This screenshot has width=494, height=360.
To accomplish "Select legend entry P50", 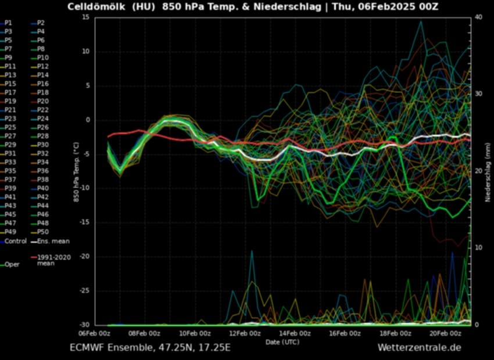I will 43,232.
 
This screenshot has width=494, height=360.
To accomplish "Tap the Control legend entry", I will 16,241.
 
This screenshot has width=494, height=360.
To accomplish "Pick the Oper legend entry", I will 12,265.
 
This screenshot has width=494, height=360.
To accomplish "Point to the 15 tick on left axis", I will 85,17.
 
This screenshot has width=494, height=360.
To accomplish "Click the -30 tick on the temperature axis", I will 84,325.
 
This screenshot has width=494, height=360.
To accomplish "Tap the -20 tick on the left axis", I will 84,257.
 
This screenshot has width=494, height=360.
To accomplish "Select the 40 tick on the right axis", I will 478,17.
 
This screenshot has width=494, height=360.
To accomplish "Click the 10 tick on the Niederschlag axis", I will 478,248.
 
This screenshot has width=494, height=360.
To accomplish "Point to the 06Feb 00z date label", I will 95,333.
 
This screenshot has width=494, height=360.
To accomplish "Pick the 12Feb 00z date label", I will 244,333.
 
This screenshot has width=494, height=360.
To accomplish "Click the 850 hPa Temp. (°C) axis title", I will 76,171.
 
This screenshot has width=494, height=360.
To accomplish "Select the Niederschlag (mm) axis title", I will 488,171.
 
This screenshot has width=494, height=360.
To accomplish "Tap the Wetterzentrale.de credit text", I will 419,348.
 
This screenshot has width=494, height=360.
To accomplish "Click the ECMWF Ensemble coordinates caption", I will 151,348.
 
